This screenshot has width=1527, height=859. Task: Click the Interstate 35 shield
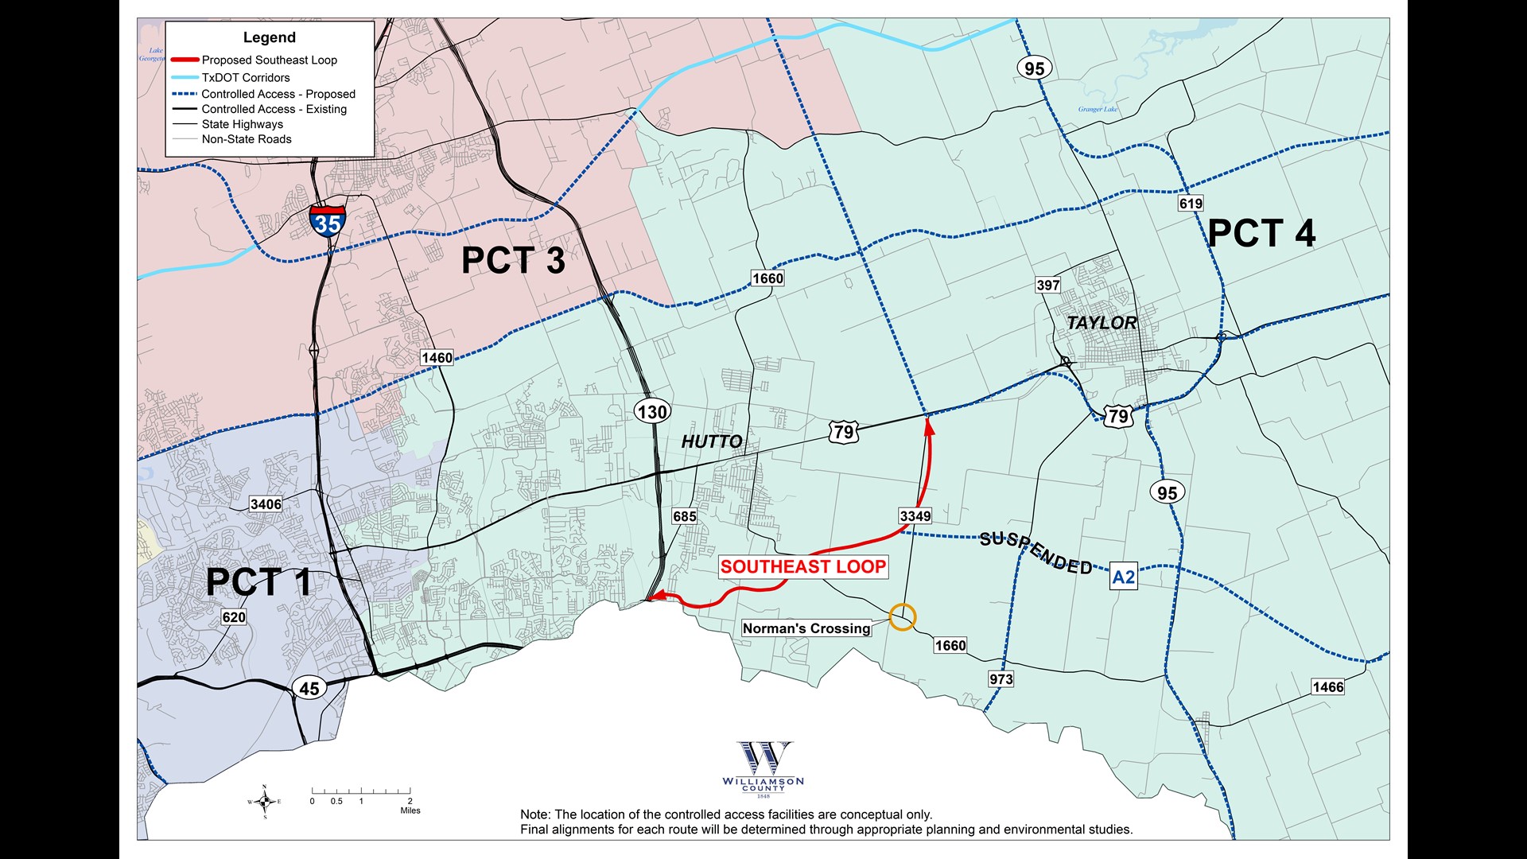327,221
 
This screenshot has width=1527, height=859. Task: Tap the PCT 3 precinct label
513,261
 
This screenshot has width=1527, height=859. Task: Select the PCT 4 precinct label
1261,233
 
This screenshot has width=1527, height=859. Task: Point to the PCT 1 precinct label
258,581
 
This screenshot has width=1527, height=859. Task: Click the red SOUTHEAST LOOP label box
802,567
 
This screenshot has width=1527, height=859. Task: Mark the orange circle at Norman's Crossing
902,617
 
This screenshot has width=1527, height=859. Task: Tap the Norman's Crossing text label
806,628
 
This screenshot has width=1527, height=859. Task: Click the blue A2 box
1123,577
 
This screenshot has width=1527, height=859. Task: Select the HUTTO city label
712,441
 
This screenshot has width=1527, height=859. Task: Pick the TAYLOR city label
1102,323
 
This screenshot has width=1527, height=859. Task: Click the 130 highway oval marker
652,411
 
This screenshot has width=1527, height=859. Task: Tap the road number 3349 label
915,516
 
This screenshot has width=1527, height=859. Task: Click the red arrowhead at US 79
928,426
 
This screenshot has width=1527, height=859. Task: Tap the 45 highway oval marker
309,688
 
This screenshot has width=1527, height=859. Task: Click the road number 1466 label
1327,687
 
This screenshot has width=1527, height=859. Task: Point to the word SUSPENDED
1035,551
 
